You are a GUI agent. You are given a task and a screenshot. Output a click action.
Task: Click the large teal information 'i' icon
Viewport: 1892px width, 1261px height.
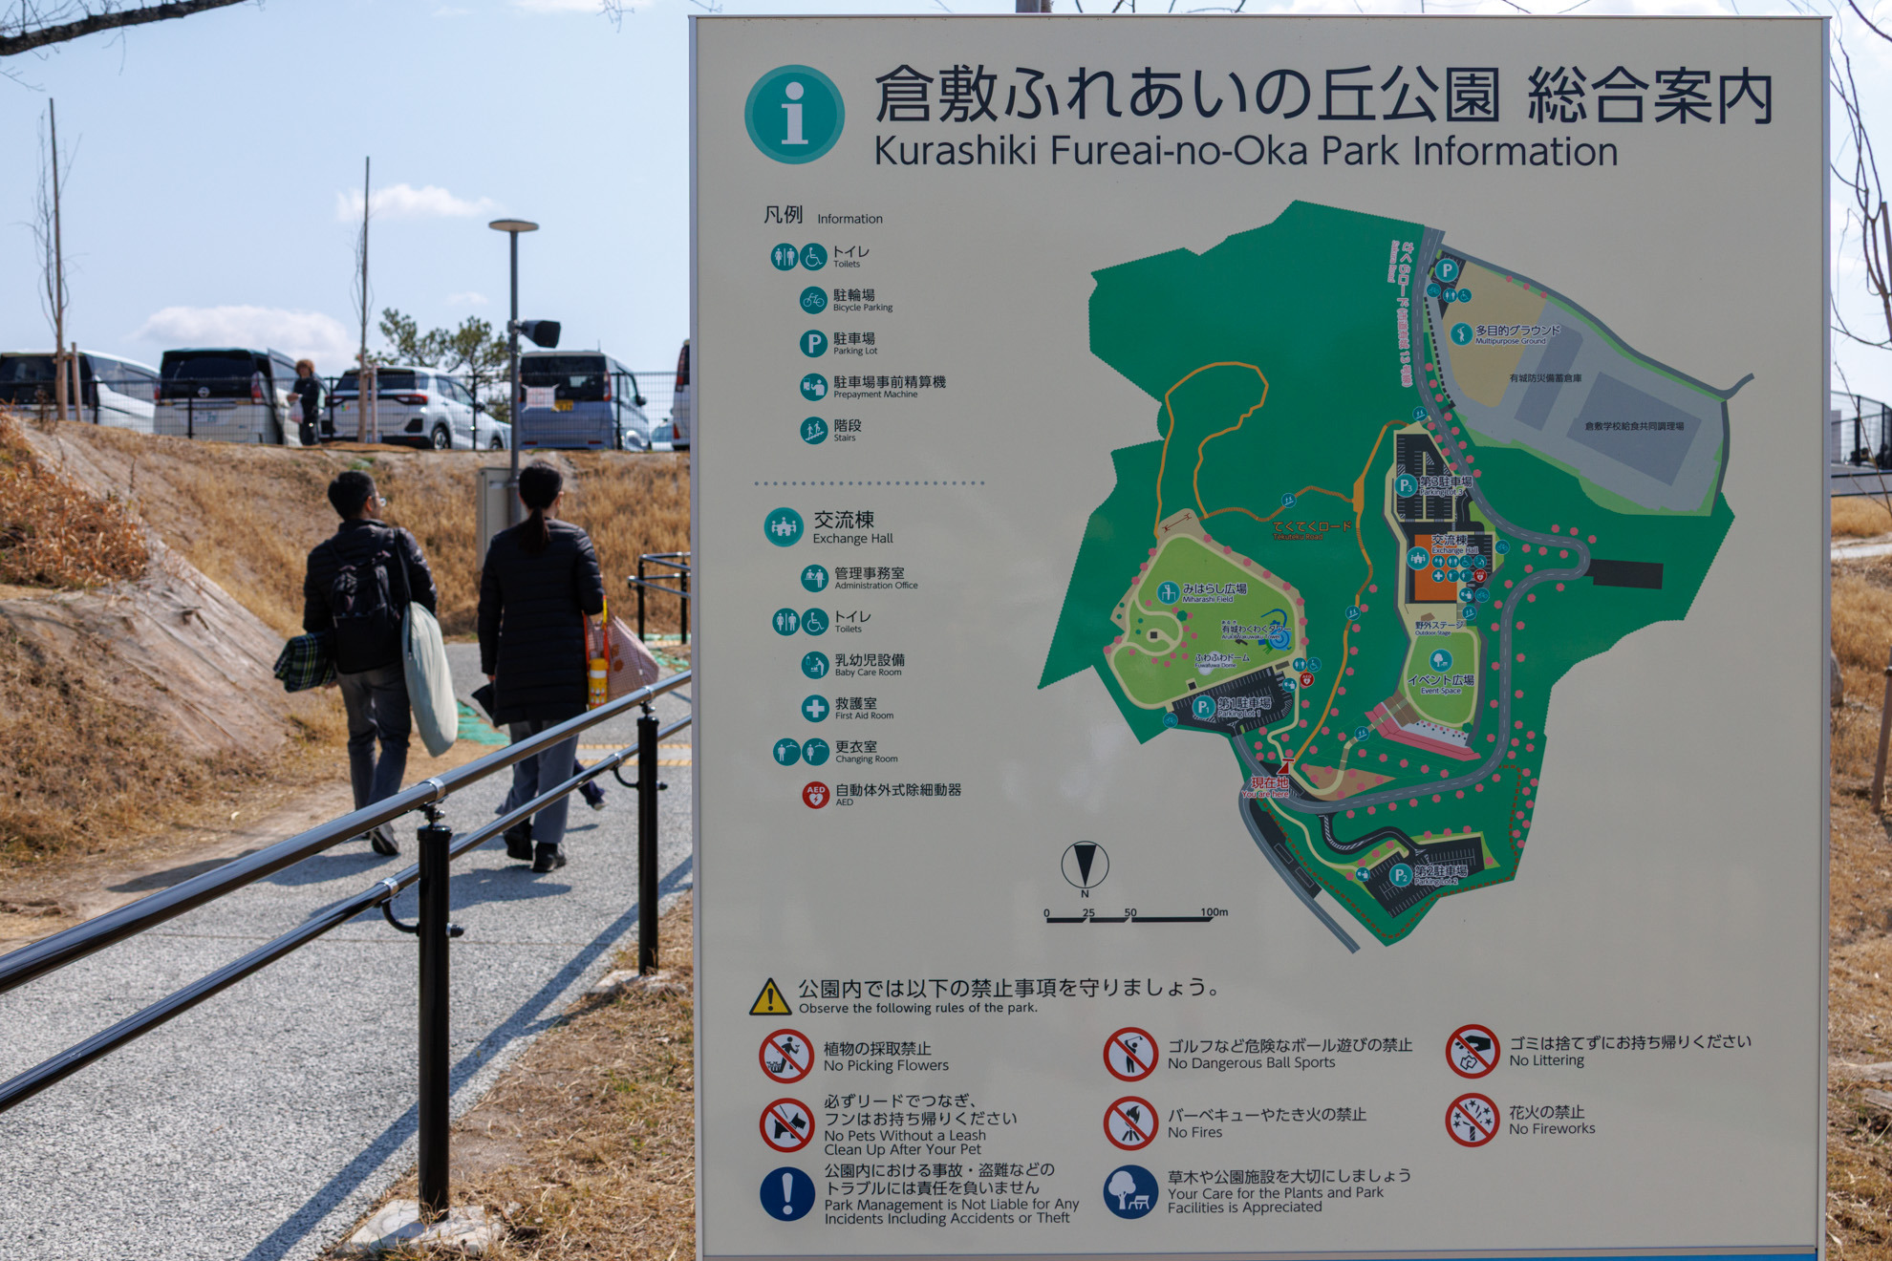pyautogui.click(x=794, y=115)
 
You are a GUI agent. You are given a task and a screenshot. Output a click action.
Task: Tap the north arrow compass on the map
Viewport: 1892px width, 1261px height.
pyautogui.click(x=1085, y=865)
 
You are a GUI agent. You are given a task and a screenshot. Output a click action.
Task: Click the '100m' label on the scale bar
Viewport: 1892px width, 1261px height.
pyautogui.click(x=1215, y=912)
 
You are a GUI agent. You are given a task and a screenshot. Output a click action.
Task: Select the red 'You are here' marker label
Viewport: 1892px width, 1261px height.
pyautogui.click(x=1266, y=786)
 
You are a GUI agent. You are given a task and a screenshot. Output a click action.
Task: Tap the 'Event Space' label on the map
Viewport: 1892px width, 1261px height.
pyautogui.click(x=1441, y=682)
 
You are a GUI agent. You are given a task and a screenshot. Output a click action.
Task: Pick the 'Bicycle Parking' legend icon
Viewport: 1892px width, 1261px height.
pyautogui.click(x=813, y=300)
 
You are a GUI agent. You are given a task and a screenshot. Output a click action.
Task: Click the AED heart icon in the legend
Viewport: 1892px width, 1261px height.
pyautogui.click(x=815, y=795)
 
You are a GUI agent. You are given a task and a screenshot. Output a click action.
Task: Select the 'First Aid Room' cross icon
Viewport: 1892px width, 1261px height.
pyautogui.click(x=815, y=708)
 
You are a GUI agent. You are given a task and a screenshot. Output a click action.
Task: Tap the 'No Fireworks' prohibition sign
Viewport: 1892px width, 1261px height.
pyautogui.click(x=1472, y=1120)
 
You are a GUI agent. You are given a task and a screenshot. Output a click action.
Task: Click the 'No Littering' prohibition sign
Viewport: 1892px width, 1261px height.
pyautogui.click(x=1472, y=1051)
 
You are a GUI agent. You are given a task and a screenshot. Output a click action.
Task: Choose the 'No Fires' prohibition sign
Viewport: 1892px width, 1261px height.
pyautogui.click(x=1129, y=1122)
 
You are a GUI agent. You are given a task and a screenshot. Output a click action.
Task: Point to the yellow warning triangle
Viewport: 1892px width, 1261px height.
pyautogui.click(x=770, y=997)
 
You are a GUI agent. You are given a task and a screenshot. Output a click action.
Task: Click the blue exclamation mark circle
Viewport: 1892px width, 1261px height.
pyautogui.click(x=786, y=1193)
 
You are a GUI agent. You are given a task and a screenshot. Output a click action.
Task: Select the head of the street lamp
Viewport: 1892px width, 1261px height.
pyautogui.click(x=514, y=226)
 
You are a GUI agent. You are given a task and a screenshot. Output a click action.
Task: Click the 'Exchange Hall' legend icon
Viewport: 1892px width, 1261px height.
pyautogui.click(x=784, y=527)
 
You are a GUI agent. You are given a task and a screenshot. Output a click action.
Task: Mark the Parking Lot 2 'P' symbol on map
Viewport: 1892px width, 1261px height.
pyautogui.click(x=1401, y=875)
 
